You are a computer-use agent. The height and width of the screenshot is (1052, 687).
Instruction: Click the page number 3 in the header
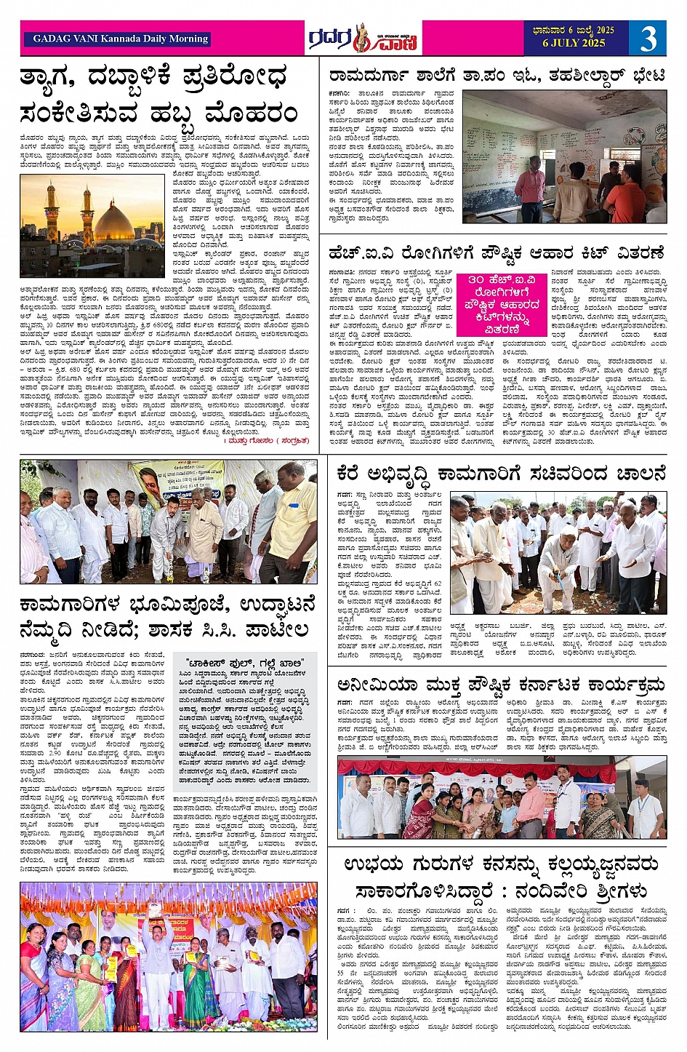point(648,39)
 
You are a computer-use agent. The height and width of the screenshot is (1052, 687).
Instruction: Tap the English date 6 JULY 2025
point(574,43)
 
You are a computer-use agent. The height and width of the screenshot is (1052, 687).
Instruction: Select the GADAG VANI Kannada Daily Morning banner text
point(121,39)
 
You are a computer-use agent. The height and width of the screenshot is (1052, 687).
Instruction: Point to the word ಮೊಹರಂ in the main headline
point(252,113)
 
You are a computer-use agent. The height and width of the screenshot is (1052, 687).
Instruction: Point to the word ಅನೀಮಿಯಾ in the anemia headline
point(377,684)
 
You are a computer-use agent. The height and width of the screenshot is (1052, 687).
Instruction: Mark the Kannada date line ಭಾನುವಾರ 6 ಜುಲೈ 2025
point(574,30)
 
